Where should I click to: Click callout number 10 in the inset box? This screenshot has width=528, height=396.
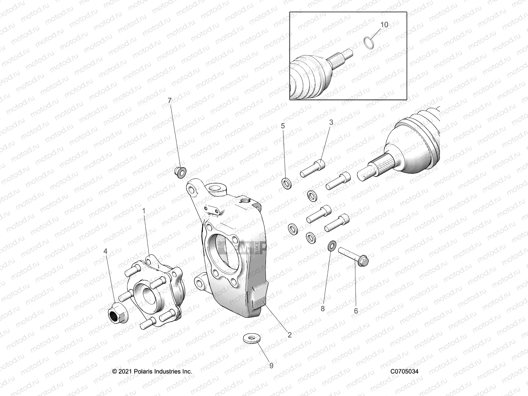(384, 24)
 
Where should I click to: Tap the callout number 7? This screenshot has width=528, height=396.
(170, 100)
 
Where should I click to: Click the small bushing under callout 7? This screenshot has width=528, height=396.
(180, 172)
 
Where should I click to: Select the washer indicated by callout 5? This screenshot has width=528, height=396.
(286, 183)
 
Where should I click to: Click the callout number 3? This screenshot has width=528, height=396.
(331, 122)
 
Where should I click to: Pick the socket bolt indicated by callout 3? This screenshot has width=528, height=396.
(312, 169)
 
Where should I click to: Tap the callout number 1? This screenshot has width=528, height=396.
(144, 210)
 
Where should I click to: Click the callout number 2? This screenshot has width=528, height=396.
(289, 335)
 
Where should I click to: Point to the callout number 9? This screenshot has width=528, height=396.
(271, 366)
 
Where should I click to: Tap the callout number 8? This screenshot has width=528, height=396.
(323, 309)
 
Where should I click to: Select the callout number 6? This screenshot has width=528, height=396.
(356, 311)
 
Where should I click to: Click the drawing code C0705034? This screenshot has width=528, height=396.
(404, 371)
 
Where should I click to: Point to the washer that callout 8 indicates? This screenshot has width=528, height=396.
(332, 246)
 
